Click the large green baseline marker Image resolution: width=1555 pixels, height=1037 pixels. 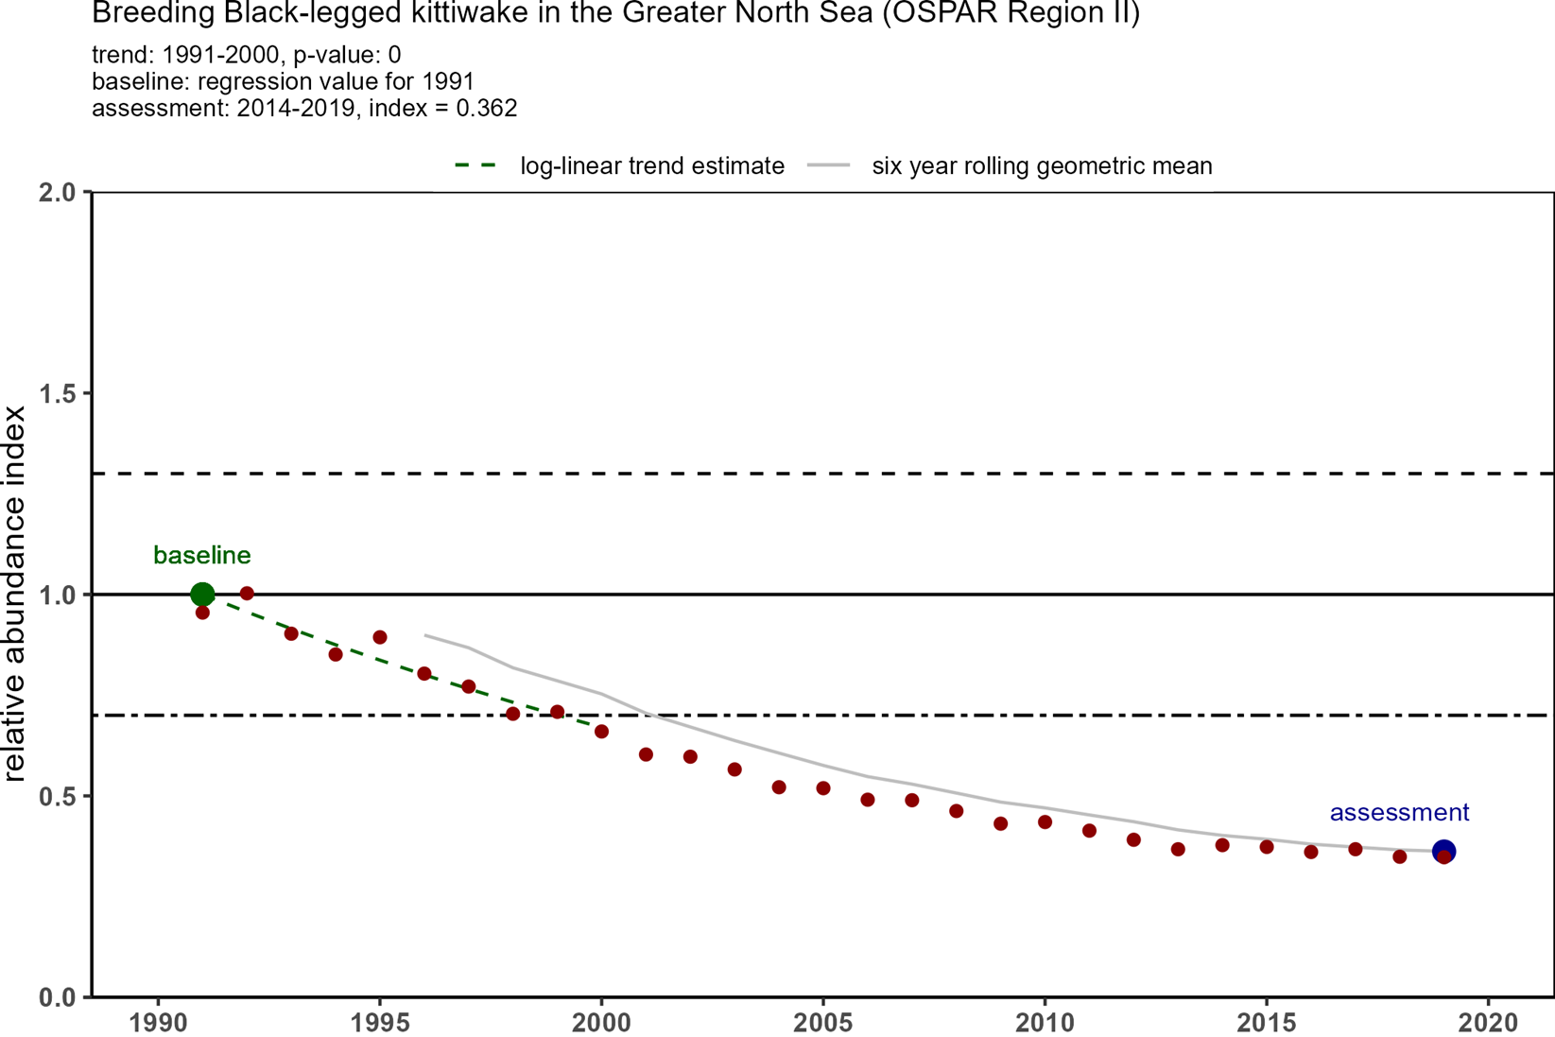[202, 595]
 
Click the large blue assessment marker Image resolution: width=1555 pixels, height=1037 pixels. [1443, 851]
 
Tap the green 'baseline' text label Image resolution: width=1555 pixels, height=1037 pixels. [202, 556]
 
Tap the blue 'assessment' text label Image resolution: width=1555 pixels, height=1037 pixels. [1399, 813]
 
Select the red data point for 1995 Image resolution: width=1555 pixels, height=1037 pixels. [380, 637]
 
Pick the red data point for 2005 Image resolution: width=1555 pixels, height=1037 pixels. [823, 788]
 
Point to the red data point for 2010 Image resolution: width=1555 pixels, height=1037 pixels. [1045, 822]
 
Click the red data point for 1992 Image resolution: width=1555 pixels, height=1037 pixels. [247, 594]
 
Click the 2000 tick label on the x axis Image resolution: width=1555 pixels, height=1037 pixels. [601, 1023]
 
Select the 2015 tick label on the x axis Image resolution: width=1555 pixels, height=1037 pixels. [1267, 1023]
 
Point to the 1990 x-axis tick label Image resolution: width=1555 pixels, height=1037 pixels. [158, 1023]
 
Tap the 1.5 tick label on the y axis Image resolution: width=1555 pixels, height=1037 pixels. [59, 394]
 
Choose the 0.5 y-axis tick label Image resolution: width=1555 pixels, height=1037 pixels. [59, 797]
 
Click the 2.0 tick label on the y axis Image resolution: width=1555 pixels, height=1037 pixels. [59, 193]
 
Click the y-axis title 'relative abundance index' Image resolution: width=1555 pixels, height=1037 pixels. [15, 594]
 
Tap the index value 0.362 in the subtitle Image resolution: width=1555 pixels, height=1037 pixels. [486, 109]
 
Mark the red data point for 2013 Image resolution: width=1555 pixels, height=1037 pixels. [1178, 849]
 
